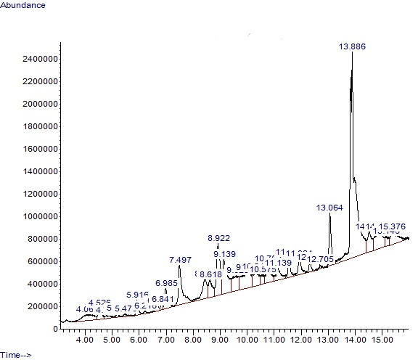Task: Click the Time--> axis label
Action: coord(16,354)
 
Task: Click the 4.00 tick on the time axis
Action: coord(85,339)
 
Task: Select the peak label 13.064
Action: coord(329,208)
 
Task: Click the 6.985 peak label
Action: coord(166,283)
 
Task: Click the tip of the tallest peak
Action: coord(352,53)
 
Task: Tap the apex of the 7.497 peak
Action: coord(179,266)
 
